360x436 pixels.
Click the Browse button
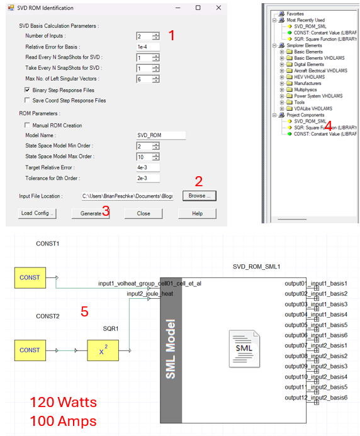200,196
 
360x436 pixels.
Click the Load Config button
37,213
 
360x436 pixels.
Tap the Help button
197,213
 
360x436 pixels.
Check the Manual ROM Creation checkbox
27,125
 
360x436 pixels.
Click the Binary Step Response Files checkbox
27,90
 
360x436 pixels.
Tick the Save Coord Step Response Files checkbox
27,100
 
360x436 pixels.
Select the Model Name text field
160,135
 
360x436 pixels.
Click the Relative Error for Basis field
148,47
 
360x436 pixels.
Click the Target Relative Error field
148,167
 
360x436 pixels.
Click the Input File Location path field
127,196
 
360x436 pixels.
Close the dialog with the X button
218,8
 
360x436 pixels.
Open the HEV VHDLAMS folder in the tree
310,77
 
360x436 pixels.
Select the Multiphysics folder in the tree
305,89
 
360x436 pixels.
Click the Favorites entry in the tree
295,14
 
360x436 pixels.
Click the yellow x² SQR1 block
103,350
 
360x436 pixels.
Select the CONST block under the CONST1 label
30,277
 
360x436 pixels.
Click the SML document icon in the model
244,349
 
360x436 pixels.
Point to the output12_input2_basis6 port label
316,398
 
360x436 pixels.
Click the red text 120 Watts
64,402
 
